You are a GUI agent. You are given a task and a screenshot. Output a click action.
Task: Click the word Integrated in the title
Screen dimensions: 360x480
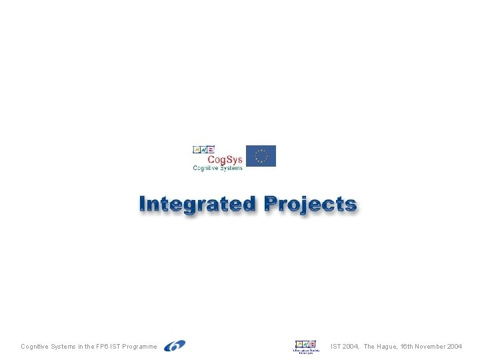pos(197,204)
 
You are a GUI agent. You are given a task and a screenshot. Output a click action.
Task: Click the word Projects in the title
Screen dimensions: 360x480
pos(310,204)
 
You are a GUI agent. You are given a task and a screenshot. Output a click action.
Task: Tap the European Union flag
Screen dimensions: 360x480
pos(261,156)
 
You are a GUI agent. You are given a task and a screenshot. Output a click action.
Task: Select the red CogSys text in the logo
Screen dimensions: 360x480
pos(225,159)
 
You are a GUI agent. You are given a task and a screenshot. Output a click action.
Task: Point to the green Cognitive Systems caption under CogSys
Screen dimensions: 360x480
pos(217,168)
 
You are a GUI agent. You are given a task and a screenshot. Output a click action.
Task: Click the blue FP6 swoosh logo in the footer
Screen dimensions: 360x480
pos(175,345)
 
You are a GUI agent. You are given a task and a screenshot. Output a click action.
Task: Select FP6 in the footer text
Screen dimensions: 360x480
pos(103,347)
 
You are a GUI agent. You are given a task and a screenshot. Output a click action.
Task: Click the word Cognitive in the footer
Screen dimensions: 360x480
pos(33,347)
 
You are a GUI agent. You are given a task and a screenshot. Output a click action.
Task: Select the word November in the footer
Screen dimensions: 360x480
pos(431,347)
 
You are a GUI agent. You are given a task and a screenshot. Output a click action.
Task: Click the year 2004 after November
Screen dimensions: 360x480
pos(455,347)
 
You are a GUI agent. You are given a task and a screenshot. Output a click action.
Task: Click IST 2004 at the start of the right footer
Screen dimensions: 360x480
pos(345,347)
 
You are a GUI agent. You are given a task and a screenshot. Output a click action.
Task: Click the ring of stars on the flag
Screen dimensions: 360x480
pos(261,156)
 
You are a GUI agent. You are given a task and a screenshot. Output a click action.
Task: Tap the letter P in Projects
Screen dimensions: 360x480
pos(273,204)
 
